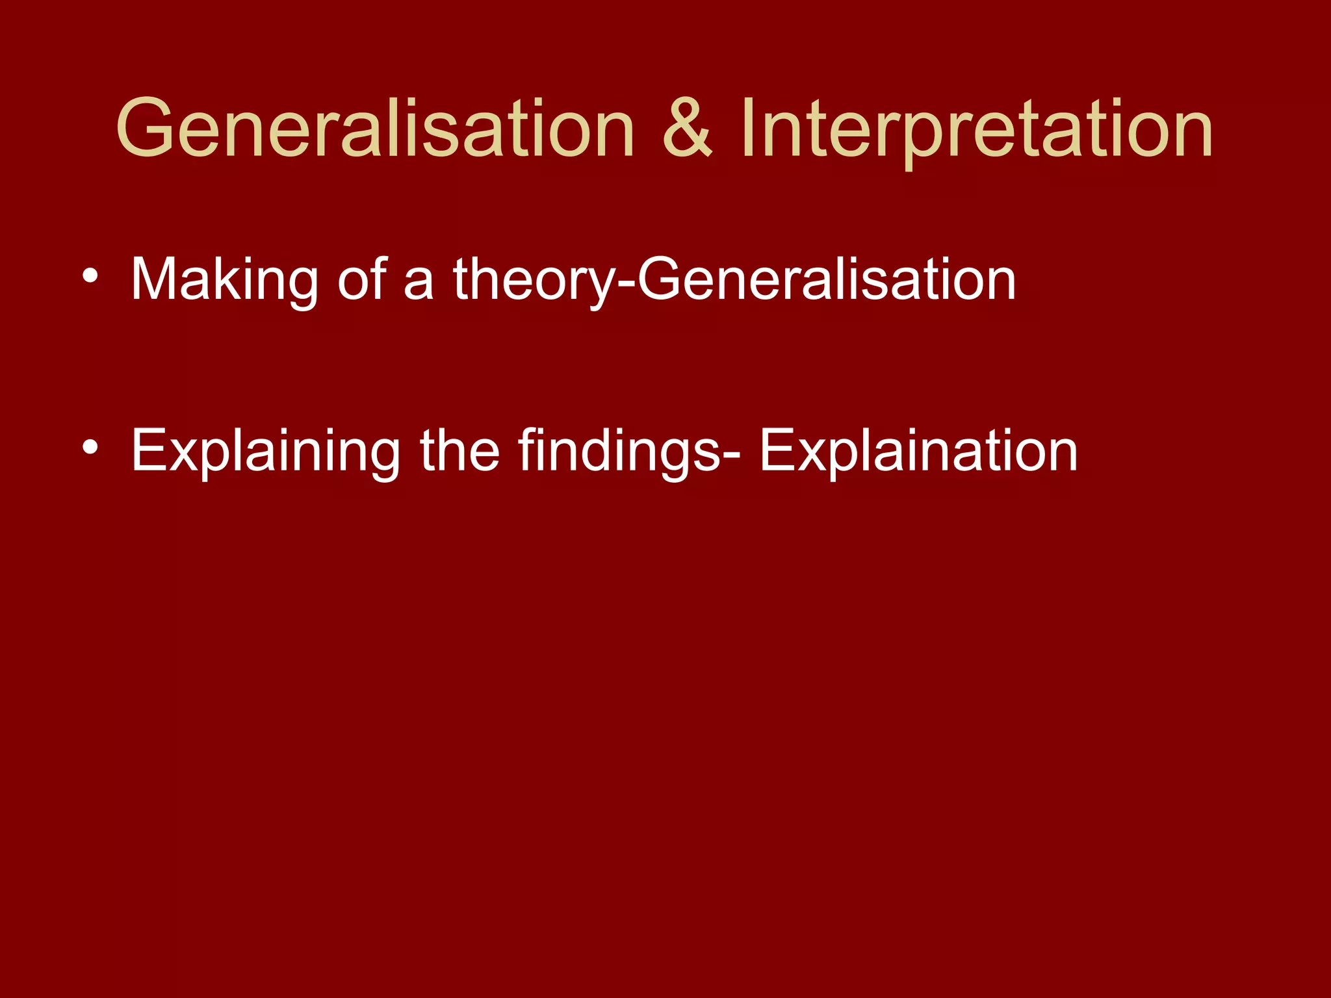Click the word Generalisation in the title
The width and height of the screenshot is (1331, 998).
pos(375,128)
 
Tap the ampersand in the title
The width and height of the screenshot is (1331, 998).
pos(688,128)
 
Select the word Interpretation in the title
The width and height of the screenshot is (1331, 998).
pos(976,128)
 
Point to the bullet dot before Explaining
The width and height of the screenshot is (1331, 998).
pos(90,448)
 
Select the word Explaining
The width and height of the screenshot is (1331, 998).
pos(265,451)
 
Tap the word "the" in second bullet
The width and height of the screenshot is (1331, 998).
pos(459,451)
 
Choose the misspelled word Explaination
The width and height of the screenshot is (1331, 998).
pos(918,451)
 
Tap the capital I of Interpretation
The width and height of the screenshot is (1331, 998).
pos(748,128)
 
